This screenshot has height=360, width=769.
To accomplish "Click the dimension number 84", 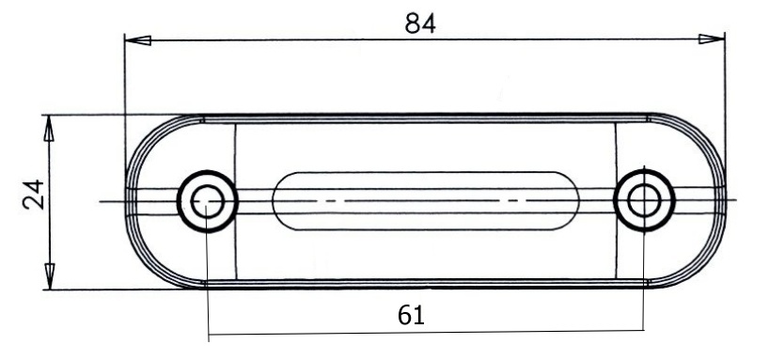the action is (x=420, y=23).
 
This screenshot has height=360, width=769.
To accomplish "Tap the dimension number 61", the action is (x=411, y=315).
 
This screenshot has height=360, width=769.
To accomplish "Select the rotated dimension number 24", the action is (x=34, y=195).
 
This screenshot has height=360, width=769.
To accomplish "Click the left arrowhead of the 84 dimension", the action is (x=138, y=40).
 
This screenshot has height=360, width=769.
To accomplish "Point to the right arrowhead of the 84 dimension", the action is (x=711, y=39).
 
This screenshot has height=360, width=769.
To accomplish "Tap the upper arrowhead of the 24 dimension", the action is (x=49, y=129).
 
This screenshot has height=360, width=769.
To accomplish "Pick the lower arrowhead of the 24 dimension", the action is (x=50, y=276).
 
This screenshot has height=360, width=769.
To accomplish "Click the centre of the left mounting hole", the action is (x=208, y=201).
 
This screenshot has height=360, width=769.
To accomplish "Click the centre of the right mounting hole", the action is (x=644, y=200).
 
